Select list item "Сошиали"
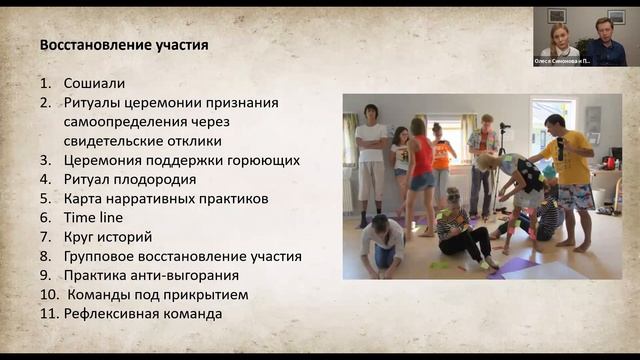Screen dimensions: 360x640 coord(94,84)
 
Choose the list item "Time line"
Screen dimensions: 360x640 coord(93,217)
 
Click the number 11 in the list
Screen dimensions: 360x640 coord(49,313)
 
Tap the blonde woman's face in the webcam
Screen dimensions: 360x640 coord(560,33)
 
